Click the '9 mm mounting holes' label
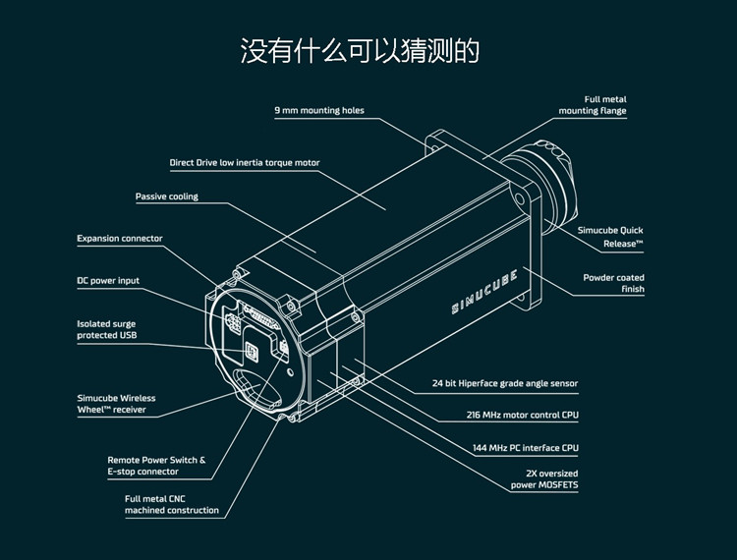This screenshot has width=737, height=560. (x=319, y=111)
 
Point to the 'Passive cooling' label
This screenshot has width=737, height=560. (x=167, y=196)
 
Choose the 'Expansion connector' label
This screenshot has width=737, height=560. (x=120, y=239)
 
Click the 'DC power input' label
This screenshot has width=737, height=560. (x=109, y=281)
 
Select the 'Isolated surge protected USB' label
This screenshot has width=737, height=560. (x=107, y=329)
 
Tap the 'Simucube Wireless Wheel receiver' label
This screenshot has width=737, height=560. (x=116, y=404)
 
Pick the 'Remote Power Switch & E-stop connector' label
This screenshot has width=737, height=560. (x=156, y=466)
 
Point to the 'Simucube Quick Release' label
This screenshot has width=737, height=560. (x=610, y=236)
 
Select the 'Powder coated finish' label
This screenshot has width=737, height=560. (x=614, y=283)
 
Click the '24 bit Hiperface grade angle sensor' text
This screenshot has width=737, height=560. (x=505, y=383)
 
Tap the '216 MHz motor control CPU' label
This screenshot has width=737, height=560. (x=522, y=416)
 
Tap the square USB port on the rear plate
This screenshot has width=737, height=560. (x=254, y=349)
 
